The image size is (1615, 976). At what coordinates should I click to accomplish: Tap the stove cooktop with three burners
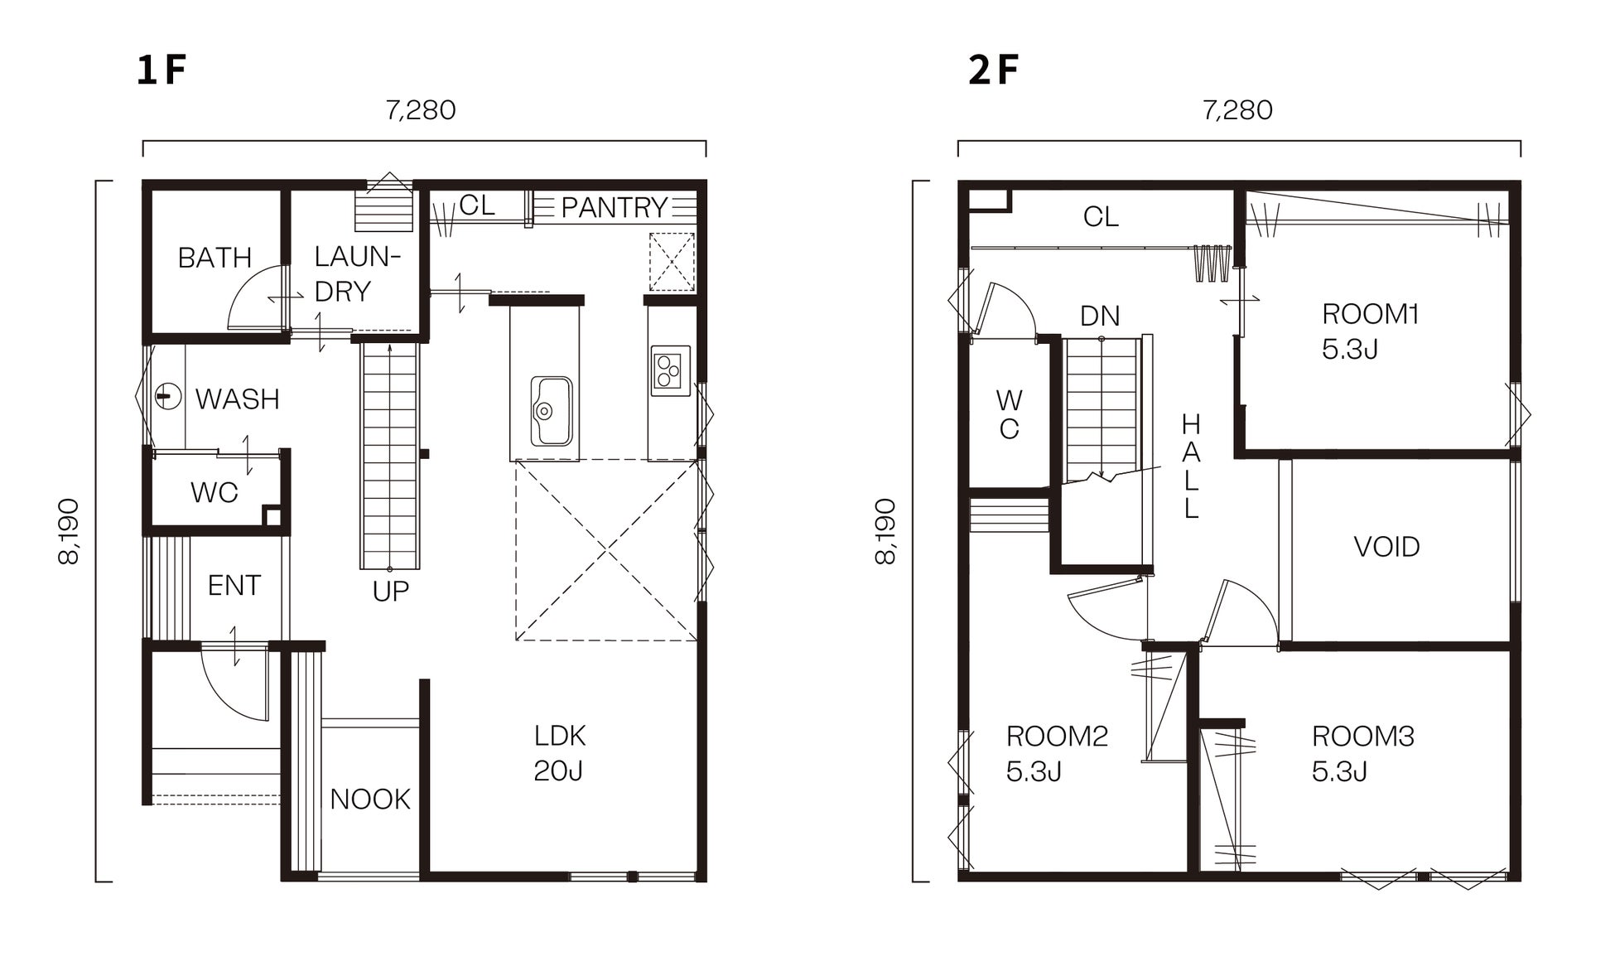tap(670, 370)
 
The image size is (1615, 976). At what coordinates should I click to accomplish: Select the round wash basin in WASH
tap(168, 396)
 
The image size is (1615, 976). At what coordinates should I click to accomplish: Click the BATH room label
tap(215, 258)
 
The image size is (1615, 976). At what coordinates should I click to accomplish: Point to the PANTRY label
tap(614, 207)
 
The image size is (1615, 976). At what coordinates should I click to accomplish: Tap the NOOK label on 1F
tap(370, 800)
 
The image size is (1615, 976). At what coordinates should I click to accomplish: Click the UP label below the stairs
tap(391, 592)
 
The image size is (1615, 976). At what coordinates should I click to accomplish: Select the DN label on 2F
tap(1100, 316)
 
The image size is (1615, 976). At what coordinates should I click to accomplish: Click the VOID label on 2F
tap(1386, 547)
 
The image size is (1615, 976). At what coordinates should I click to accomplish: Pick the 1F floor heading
tap(161, 70)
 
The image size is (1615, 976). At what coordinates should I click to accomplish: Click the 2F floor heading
tap(993, 70)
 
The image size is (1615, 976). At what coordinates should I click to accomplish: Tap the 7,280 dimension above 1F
tap(421, 110)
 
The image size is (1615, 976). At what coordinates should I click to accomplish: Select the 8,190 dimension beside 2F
tap(885, 532)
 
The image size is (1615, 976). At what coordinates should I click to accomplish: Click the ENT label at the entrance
tap(234, 586)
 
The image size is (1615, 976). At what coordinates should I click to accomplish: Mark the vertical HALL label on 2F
tap(1190, 466)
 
